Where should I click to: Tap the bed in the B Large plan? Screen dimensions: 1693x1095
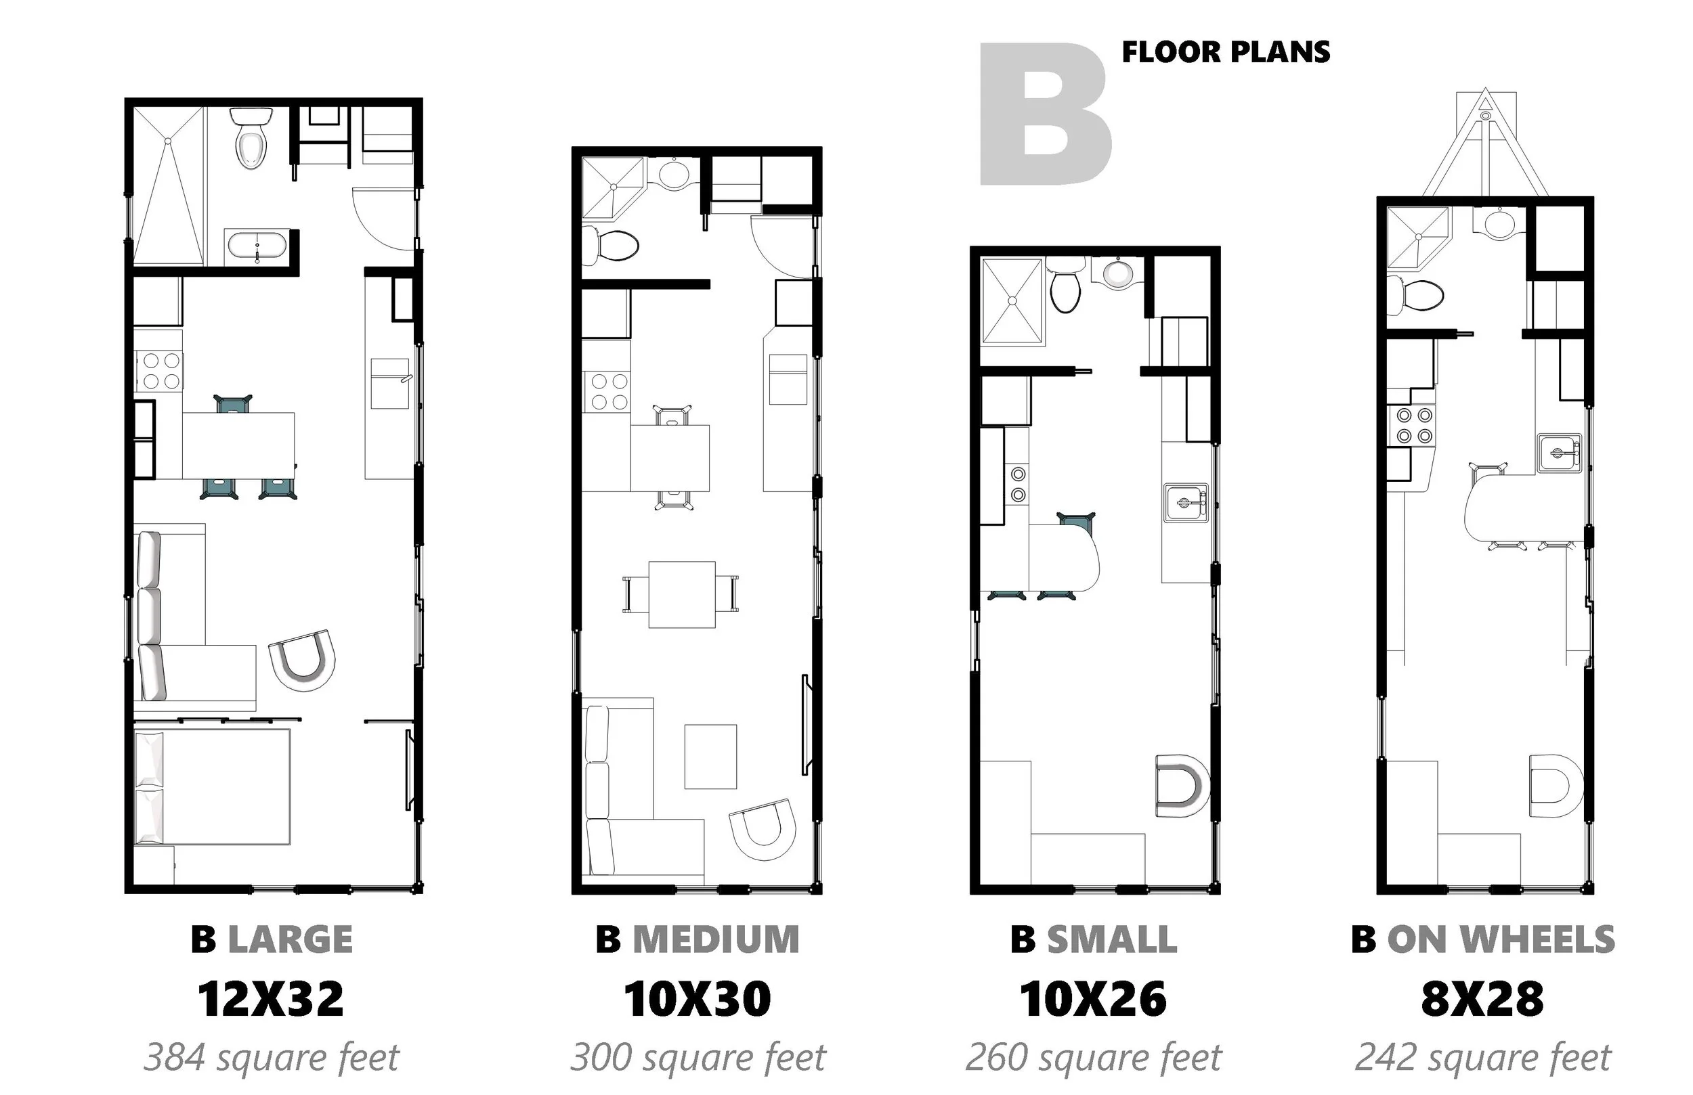coord(212,787)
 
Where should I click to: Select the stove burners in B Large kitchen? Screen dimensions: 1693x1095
coord(161,370)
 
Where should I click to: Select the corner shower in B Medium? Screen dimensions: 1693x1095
coord(613,187)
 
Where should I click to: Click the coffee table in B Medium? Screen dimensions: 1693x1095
coord(710,757)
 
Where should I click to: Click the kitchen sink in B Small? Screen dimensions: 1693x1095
coord(1186,503)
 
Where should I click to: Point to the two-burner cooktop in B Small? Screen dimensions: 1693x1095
coord(1018,483)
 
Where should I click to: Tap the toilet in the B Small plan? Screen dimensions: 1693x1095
coord(1065,289)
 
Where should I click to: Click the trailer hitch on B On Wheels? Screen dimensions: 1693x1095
coord(1485,142)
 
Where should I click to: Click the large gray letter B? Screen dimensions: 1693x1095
coord(1045,114)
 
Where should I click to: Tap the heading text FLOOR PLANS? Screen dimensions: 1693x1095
coord(1226,52)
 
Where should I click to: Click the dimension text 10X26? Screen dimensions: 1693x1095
coord(1093,999)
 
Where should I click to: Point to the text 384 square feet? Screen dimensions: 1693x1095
coord(272,1057)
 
